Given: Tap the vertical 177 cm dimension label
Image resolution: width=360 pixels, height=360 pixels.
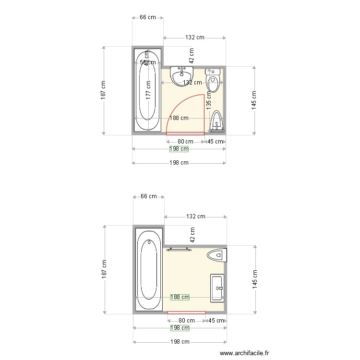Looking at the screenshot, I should click(149, 90).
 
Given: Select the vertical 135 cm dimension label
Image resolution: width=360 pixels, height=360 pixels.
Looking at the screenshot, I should click(209, 101).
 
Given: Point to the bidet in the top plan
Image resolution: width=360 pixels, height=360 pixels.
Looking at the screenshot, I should click(217, 121).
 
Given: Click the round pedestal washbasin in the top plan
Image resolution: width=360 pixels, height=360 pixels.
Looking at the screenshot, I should click(181, 74).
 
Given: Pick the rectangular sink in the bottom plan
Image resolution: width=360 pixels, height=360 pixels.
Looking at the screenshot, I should click(217, 288).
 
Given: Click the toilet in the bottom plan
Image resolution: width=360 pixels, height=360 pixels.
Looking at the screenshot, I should click(216, 254).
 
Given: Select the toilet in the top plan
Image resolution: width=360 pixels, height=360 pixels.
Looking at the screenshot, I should click(213, 80).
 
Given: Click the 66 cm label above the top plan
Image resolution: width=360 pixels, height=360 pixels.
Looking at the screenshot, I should click(148, 18).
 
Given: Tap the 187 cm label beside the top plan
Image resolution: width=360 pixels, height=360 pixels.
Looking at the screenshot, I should click(103, 90).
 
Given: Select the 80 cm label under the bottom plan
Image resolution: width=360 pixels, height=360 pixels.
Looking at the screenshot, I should click(186, 321).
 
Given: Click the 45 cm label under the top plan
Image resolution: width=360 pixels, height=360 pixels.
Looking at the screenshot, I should click(215, 142).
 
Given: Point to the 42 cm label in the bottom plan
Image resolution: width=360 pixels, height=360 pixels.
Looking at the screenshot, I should click(192, 235).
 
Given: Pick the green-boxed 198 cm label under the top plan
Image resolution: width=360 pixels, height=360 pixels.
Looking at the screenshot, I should click(179, 149).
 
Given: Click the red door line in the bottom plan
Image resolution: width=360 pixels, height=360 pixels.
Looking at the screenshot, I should click(186, 313).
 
